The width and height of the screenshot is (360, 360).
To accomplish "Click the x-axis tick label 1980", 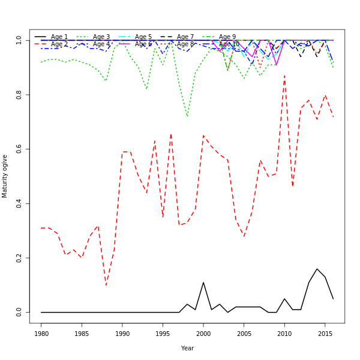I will tap(41, 334).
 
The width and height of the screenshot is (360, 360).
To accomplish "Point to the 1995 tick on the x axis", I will tap(163, 334).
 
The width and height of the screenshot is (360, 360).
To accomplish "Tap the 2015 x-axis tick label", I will tap(325, 334).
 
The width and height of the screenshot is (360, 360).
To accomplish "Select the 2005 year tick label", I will tap(244, 334).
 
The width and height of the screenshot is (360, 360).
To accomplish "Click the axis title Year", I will tap(187, 348).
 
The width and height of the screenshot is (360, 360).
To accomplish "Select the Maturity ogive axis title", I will tap(5, 176).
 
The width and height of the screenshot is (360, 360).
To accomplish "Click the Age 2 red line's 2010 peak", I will tap(284, 76).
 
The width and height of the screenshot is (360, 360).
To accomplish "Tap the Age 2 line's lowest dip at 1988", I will tap(106, 285).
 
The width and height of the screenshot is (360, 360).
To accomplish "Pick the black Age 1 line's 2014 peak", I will tap(317, 269).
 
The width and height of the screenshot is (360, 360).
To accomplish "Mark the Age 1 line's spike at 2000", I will tap(203, 283).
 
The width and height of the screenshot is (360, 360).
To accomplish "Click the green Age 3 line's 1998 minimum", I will tap(187, 116).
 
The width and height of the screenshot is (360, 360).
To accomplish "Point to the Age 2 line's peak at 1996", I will tap(171, 134).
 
